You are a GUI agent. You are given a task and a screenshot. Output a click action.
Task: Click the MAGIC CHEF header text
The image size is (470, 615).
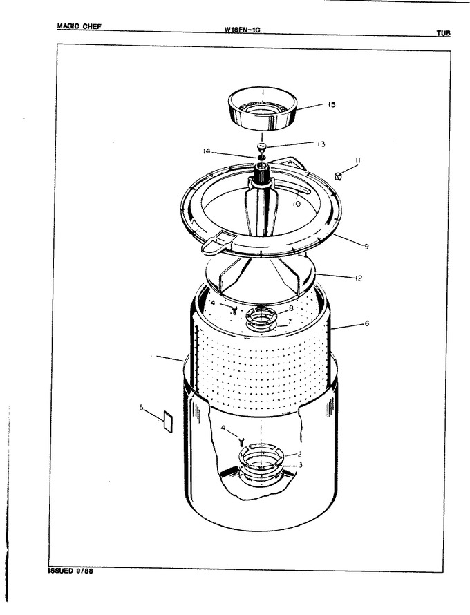pyautogui.click(x=79, y=26)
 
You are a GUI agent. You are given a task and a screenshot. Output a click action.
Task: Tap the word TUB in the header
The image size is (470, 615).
pyautogui.click(x=443, y=33)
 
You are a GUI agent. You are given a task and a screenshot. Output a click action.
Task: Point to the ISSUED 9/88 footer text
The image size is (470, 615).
pyautogui.click(x=70, y=571)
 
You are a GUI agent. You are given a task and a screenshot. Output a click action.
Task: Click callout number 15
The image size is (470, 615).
pyautogui.click(x=332, y=105)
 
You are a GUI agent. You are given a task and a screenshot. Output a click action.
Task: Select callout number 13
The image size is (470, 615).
pyautogui.click(x=321, y=144)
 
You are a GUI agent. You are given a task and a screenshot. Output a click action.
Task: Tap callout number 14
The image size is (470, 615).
pyautogui.click(x=207, y=151)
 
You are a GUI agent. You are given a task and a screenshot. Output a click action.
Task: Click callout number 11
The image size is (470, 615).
pyautogui.click(x=358, y=160)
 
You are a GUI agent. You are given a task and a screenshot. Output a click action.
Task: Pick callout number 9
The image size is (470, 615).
pyautogui.click(x=366, y=247)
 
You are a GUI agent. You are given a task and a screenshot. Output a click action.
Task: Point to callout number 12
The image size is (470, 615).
pyautogui.click(x=358, y=278)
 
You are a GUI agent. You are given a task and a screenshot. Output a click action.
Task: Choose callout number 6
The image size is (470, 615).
pyautogui.click(x=367, y=323)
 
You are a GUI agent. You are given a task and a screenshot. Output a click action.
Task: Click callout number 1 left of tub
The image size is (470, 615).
pyautogui.click(x=151, y=357)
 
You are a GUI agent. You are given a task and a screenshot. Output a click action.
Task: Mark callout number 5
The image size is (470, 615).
pyautogui.click(x=141, y=407)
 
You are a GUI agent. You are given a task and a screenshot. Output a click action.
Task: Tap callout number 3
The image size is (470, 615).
pyautogui.click(x=301, y=465)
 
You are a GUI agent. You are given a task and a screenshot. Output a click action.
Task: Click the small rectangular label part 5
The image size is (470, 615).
pyautogui.click(x=167, y=422)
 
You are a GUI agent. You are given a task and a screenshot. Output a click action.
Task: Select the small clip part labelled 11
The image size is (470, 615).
pyautogui.click(x=338, y=176)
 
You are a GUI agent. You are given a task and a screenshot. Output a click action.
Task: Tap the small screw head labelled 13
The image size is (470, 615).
pyautogui.click(x=262, y=146)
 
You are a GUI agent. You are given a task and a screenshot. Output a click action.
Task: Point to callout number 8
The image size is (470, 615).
pyautogui.click(x=291, y=308)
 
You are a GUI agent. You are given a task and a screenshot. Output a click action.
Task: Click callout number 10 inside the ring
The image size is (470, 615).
pyautogui.click(x=297, y=204)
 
